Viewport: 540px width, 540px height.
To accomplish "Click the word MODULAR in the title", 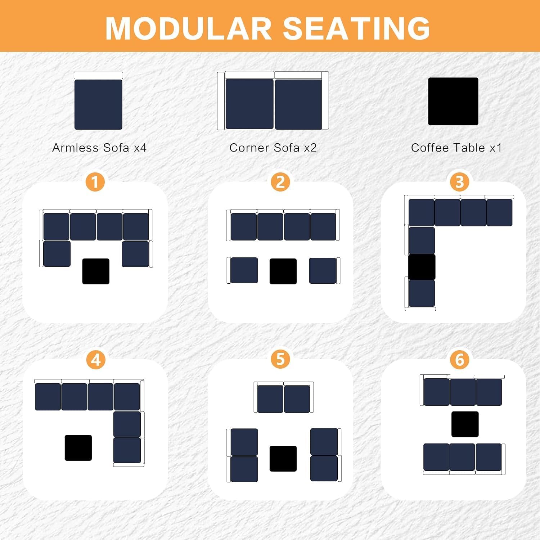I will (x=188, y=29).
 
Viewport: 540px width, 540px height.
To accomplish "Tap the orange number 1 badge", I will (x=95, y=182).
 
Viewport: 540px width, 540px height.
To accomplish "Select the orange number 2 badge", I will (x=280, y=182).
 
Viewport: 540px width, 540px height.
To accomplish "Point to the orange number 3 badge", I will (x=459, y=182).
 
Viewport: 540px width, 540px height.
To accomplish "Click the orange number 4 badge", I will (x=95, y=360).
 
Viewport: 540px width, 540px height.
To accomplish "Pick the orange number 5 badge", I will (x=280, y=359).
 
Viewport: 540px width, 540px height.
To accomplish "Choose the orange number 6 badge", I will (x=459, y=360).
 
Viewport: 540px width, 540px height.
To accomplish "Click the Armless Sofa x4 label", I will (x=99, y=148).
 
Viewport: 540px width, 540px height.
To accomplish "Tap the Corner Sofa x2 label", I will (x=273, y=148).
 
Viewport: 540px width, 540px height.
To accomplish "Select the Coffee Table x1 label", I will (x=456, y=148).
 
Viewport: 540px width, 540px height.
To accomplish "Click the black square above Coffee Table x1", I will (x=453, y=102).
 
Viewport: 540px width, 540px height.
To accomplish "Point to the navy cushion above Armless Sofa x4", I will (x=98, y=104).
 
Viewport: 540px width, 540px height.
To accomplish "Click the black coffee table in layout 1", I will (x=96, y=271).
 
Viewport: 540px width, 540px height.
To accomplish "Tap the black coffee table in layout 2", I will (x=283, y=271).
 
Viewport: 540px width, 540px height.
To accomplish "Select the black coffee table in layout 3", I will (x=422, y=267).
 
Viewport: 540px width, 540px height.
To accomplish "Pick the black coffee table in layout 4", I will (x=78, y=447).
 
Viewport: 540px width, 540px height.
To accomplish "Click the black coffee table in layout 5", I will (x=283, y=458).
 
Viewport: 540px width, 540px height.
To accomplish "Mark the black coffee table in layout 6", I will (x=465, y=424).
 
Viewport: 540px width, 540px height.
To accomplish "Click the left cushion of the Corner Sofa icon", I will (x=249, y=104).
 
